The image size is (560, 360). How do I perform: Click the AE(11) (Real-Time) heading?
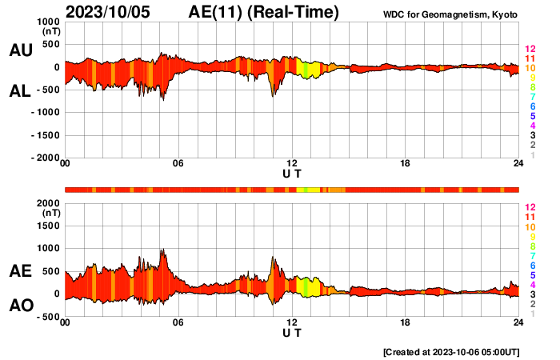tap(264, 12)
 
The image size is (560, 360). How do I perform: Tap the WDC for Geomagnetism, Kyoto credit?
tap(450, 15)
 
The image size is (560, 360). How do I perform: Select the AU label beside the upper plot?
tap(20, 50)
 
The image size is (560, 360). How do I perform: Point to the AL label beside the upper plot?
tap(20, 92)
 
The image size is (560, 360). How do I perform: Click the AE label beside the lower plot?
tap(20, 272)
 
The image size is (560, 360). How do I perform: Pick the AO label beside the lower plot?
tap(20, 306)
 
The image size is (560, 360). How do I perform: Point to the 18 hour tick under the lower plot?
tap(406, 322)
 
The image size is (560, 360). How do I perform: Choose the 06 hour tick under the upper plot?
tap(178, 164)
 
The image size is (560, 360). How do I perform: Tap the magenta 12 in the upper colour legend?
tap(529, 50)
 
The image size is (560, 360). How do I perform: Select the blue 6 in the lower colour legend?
tap(530, 265)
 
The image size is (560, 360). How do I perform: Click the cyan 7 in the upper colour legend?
tap(530, 97)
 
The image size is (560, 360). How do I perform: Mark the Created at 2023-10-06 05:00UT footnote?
tap(452, 352)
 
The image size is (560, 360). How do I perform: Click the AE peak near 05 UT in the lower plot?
tap(163, 250)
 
